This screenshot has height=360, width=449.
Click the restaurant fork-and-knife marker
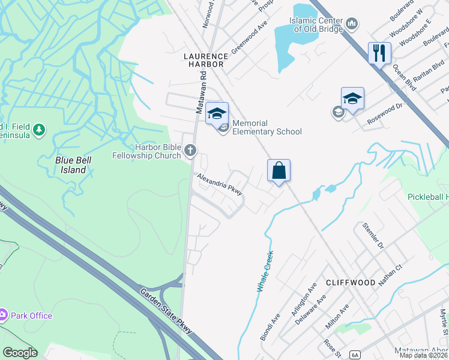379,53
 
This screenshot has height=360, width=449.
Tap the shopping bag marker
279,170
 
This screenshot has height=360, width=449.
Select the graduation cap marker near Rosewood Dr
352,99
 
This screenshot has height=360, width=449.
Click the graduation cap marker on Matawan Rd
217,113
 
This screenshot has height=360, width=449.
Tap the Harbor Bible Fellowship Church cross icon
190,150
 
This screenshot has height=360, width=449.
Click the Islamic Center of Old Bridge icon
352,24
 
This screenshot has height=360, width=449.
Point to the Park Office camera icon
3,315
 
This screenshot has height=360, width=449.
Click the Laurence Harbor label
203,59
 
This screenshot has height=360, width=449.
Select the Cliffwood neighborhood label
351,282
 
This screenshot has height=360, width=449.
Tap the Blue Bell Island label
70,165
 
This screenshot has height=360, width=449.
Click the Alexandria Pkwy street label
220,184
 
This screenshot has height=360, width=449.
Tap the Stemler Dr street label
373,236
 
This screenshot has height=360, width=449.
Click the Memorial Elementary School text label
267,127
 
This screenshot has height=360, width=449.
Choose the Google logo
20,353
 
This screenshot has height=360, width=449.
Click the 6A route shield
355,355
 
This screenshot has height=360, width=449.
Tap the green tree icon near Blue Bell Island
39,130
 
